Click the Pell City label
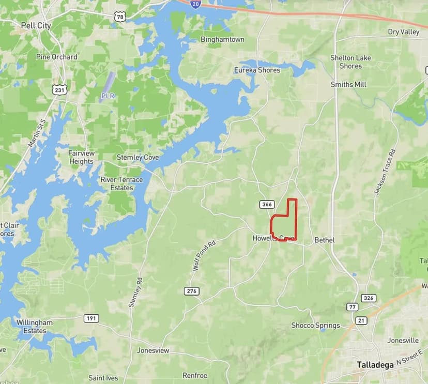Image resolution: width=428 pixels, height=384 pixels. (x=36, y=25)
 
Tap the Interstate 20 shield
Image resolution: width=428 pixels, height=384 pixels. (x=195, y=4)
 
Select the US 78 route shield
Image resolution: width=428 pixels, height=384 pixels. (x=120, y=17)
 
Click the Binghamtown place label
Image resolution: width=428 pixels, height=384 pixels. (x=222, y=39)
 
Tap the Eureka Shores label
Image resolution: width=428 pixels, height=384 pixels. (x=257, y=70)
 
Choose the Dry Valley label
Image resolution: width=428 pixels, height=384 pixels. (x=404, y=32)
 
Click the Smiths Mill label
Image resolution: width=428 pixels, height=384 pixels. (x=349, y=84)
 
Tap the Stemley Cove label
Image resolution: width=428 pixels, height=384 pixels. (x=137, y=157)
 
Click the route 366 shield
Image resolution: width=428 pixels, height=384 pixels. (x=267, y=205)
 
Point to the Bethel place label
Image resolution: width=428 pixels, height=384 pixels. (x=325, y=240)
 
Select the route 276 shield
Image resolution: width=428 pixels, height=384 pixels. (x=191, y=291)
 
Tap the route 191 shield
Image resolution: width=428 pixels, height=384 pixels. (x=91, y=318)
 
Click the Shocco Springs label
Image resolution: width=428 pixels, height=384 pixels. (x=315, y=325)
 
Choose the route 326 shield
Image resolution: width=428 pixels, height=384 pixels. (x=369, y=298)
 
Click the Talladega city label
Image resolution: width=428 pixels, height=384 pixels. (x=375, y=364)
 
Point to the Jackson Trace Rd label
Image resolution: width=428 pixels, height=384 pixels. (x=384, y=172)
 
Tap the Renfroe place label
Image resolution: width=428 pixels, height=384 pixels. (x=195, y=376)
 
